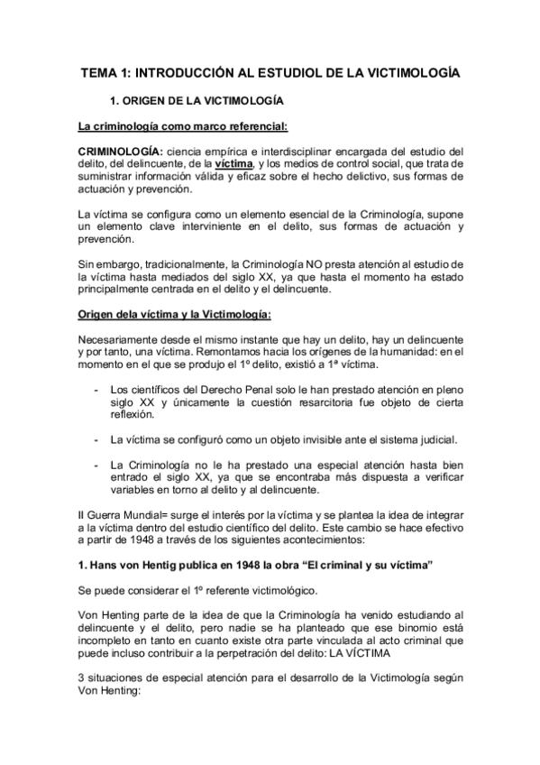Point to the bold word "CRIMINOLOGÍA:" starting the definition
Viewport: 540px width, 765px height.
click(120, 151)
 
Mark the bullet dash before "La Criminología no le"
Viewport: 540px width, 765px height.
click(96, 464)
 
